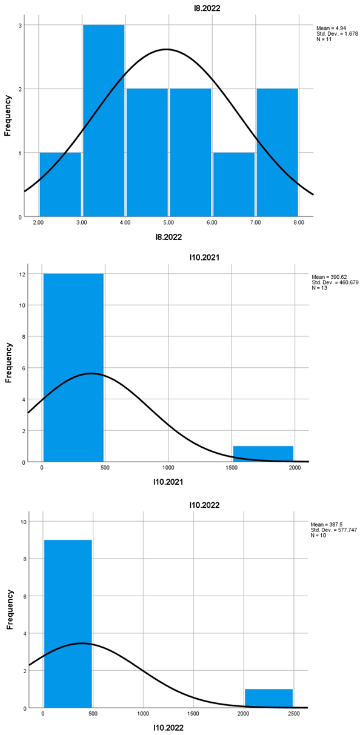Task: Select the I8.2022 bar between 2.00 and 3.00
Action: click(60, 184)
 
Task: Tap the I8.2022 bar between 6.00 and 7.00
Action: click(233, 184)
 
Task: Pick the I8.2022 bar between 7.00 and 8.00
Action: click(277, 152)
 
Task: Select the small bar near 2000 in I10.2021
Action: click(263, 454)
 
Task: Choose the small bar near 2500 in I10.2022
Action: click(268, 698)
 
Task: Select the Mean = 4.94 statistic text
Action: click(330, 28)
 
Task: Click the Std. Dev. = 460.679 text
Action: click(335, 282)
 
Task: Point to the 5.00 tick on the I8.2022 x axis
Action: click(169, 223)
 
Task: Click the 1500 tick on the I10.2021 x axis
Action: click(232, 468)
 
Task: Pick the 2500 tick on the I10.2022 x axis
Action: click(293, 714)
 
